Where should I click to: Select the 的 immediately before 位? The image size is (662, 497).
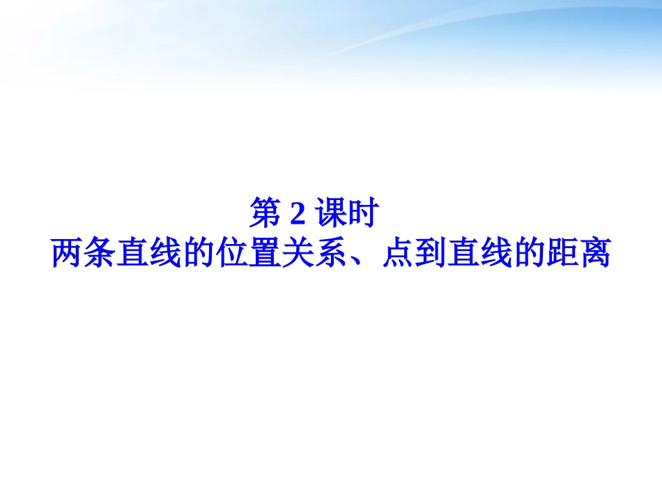pyautogui.click(x=199, y=254)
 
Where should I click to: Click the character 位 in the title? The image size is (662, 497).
pyautogui.click(x=232, y=254)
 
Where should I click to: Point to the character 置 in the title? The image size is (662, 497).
pyautogui.click(x=265, y=254)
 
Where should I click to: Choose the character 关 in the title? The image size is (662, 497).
pyautogui.click(x=298, y=254)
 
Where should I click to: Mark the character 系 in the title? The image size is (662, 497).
pyautogui.click(x=330, y=254)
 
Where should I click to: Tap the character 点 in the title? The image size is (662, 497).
pyautogui.click(x=397, y=254)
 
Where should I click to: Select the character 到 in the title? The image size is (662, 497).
pyautogui.click(x=430, y=254)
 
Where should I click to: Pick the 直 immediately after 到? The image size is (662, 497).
pyautogui.click(x=463, y=254)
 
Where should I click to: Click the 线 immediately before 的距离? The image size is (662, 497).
pyautogui.click(x=495, y=254)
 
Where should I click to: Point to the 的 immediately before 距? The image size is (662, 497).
pyautogui.click(x=528, y=254)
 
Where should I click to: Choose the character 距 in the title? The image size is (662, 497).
pyautogui.click(x=561, y=254)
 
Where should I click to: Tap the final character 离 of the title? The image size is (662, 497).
pyautogui.click(x=594, y=254)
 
